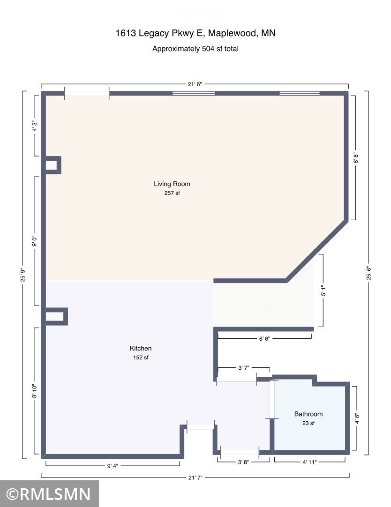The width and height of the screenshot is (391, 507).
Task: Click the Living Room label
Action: [172, 184]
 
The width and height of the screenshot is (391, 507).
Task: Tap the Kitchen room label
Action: [141, 348]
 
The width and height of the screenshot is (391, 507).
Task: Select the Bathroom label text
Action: [308, 414]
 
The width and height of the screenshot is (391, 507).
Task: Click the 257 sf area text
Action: [172, 193]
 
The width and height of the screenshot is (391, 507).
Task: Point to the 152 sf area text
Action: [141, 358]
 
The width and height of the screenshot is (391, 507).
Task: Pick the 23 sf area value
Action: [308, 423]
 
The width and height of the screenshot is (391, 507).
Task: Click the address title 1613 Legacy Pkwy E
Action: [195, 33]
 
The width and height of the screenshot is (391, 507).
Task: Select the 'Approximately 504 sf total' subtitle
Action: [195, 48]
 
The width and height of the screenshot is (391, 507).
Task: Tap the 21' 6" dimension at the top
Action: [195, 84]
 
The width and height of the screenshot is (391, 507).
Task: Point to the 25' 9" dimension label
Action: [23, 275]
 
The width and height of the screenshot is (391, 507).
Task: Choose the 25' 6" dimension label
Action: [369, 273]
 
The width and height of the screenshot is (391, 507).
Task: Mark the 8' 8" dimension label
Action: [356, 157]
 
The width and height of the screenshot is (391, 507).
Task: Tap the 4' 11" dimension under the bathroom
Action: [309, 462]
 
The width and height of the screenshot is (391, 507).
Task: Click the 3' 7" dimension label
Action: [243, 368]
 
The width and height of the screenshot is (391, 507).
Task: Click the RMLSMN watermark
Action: [49, 494]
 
